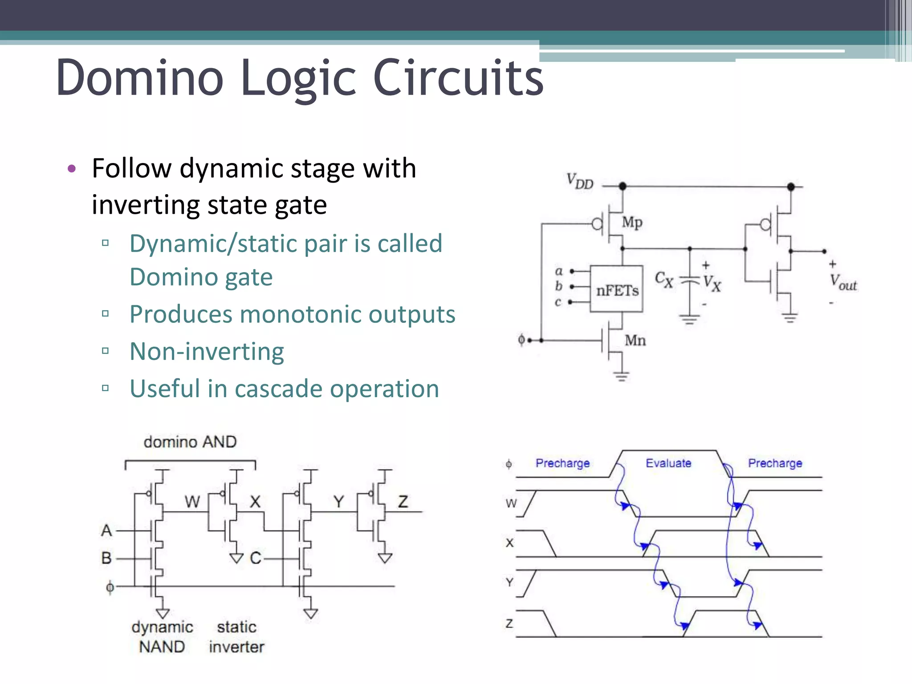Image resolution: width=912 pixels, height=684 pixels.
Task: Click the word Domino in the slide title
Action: click(x=140, y=78)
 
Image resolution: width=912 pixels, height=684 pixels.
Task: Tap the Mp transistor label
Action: click(x=632, y=222)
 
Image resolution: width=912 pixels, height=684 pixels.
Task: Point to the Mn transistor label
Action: click(x=635, y=341)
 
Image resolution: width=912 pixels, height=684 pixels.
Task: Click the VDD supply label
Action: click(x=580, y=182)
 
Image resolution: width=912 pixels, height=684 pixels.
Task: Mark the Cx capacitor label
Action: click(x=664, y=280)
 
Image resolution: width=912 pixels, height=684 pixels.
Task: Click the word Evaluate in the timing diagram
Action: click(x=668, y=463)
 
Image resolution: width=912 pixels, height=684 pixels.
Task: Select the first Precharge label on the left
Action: click(x=562, y=463)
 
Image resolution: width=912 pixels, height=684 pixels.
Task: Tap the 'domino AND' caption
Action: click(x=190, y=442)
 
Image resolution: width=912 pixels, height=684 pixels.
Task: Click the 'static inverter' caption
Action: click(x=236, y=637)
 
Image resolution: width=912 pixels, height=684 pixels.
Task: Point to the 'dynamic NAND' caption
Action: click(x=162, y=637)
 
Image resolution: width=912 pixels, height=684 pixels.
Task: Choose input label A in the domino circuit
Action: click(x=106, y=530)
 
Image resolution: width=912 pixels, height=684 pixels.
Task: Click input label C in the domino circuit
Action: click(x=255, y=558)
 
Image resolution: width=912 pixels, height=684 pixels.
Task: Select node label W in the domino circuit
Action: click(x=192, y=502)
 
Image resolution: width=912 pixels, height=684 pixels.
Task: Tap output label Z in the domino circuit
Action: click(x=403, y=502)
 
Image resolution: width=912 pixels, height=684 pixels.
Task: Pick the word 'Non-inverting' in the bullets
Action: click(x=207, y=351)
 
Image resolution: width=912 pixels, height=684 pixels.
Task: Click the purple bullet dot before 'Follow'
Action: click(x=72, y=169)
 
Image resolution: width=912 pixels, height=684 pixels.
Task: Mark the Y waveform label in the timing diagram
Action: click(x=510, y=582)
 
